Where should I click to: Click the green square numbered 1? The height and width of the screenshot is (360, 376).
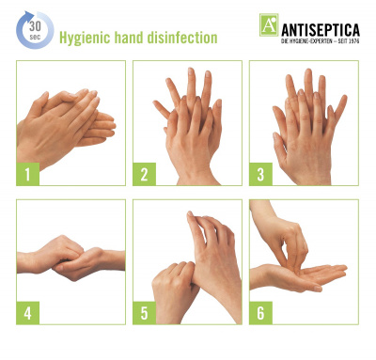[x=28, y=174]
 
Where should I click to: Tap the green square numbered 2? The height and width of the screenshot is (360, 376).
[x=145, y=174]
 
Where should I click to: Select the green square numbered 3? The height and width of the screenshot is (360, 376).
[x=261, y=174]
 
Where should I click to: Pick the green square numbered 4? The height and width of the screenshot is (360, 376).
[x=28, y=313]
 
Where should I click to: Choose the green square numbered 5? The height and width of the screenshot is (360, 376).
[x=145, y=313]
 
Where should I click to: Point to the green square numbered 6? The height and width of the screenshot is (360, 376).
[x=261, y=313]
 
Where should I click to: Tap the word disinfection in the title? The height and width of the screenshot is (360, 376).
[x=182, y=38]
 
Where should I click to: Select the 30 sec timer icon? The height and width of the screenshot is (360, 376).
[x=35, y=30]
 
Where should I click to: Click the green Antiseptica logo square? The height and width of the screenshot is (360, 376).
[x=269, y=24]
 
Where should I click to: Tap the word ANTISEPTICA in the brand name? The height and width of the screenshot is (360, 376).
[x=321, y=30]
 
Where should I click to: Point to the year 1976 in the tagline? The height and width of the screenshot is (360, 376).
[x=353, y=41]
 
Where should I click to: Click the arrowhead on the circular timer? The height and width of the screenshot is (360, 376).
[x=29, y=15]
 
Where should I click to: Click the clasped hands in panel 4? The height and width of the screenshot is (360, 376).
[x=71, y=258]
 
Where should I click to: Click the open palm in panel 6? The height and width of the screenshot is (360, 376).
[x=299, y=276]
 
